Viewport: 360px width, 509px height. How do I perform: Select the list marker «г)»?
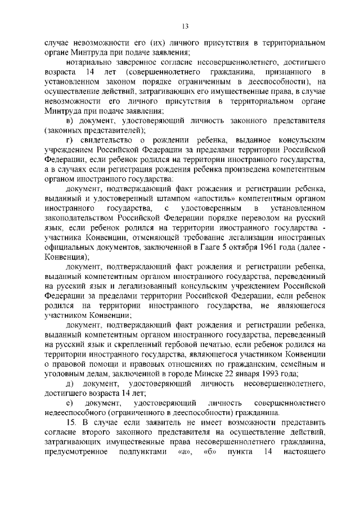70,139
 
